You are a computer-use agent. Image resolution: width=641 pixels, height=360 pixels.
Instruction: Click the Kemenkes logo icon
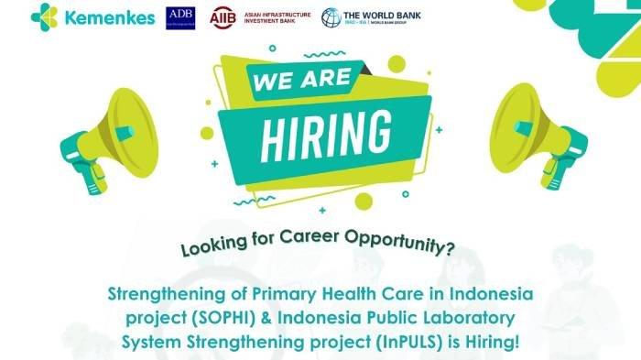click(x=43, y=16)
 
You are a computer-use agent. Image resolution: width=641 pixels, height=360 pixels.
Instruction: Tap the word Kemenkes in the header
click(x=103, y=16)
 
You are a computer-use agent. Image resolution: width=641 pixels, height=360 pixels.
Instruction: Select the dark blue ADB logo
click(x=180, y=17)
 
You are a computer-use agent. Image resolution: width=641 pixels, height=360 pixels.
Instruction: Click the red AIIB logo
click(x=223, y=17)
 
